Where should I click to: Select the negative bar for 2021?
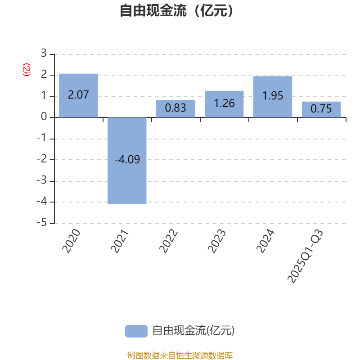click(127, 180)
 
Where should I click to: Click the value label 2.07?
click(78, 95)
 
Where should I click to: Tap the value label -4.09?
click(127, 159)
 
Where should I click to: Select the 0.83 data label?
click(175, 108)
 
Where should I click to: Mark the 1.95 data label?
click(273, 96)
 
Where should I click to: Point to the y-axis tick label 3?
click(44, 54)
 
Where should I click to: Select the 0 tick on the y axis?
click(44, 117)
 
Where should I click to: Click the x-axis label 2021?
click(120, 241)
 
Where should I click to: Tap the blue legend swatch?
click(136, 331)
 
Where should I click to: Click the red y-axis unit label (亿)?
click(27, 70)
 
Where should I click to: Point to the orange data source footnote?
click(180, 355)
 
